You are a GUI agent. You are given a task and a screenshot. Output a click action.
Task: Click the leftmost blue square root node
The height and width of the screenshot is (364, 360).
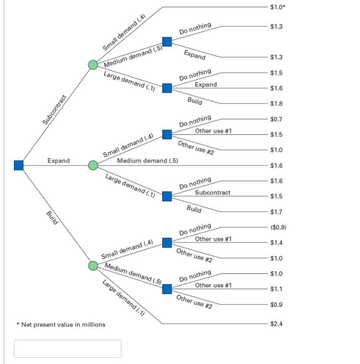(x=19, y=165)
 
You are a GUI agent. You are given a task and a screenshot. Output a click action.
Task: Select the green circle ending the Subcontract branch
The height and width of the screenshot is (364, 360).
(x=93, y=64)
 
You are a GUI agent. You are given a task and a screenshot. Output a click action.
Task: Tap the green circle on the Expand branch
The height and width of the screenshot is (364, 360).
(x=93, y=165)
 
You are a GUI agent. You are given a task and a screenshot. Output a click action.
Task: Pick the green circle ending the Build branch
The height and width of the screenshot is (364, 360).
(x=93, y=266)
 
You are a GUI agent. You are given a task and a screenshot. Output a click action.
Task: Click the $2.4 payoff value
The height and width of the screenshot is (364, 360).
(x=276, y=324)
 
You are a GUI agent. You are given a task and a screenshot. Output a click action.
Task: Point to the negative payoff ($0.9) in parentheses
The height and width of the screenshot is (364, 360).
(x=278, y=227)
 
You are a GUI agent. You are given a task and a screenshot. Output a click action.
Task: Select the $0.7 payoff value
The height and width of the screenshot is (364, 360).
(x=276, y=118)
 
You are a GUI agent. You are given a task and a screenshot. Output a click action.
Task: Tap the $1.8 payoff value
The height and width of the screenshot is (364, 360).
(x=276, y=104)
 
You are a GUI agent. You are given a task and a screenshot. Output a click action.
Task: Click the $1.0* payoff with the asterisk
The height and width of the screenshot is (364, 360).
(x=277, y=7)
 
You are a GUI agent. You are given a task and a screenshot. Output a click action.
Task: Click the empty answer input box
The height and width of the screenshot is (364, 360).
(x=68, y=349)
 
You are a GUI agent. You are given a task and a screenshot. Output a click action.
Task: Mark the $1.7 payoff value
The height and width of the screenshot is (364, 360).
(x=276, y=211)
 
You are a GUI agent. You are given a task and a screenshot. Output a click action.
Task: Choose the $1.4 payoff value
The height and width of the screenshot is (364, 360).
(x=276, y=243)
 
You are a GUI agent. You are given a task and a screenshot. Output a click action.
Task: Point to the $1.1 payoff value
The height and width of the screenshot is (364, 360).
(x=276, y=289)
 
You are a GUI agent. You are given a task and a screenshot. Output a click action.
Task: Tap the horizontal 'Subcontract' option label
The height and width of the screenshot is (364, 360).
(x=213, y=192)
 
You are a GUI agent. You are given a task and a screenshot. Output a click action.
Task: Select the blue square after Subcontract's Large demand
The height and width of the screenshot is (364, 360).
(x=167, y=88)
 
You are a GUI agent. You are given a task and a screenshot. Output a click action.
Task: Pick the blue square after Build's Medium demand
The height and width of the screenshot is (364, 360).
(x=167, y=289)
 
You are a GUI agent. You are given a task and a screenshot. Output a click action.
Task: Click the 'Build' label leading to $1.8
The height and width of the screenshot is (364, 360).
(x=194, y=101)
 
